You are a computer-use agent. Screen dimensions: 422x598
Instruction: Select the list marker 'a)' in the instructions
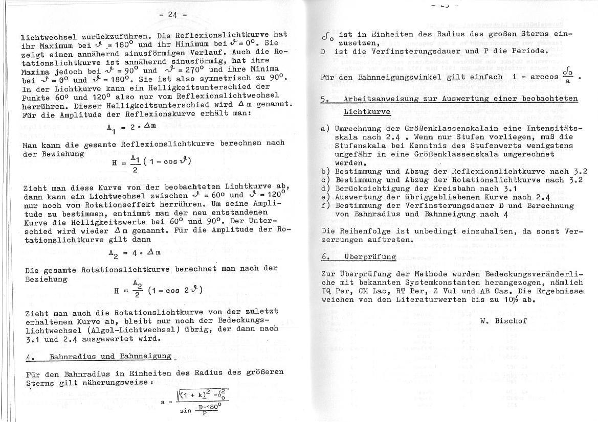point(325,128)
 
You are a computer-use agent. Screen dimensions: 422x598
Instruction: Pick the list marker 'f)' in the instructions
point(325,205)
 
